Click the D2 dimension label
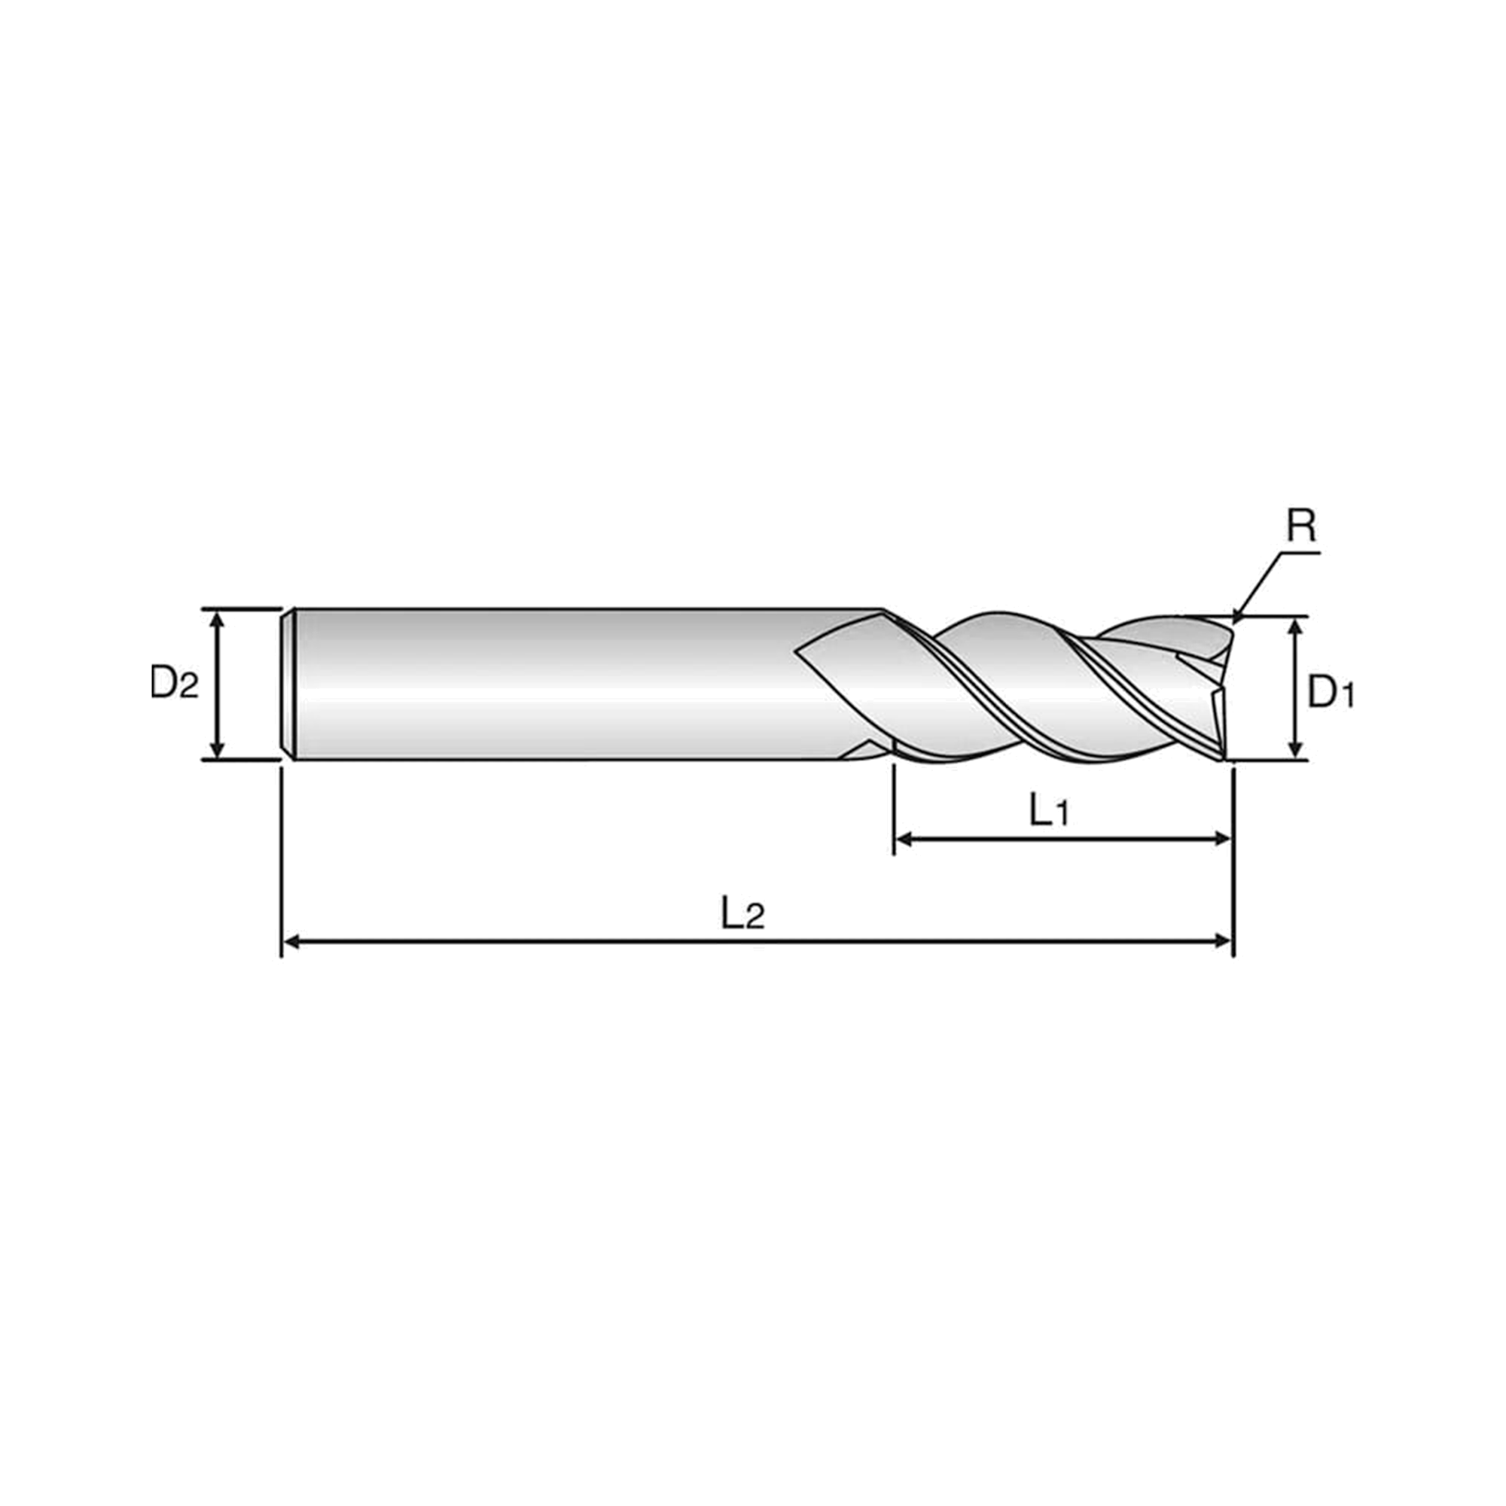click(175, 684)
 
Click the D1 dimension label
click(1331, 691)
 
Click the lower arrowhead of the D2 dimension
click(218, 749)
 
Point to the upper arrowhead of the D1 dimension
click(1295, 628)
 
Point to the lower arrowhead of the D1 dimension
click(1295, 749)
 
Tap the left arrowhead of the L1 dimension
click(904, 840)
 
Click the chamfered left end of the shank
click(287, 684)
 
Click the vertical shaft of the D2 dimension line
click(218, 684)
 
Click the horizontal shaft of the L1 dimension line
click(1063, 840)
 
